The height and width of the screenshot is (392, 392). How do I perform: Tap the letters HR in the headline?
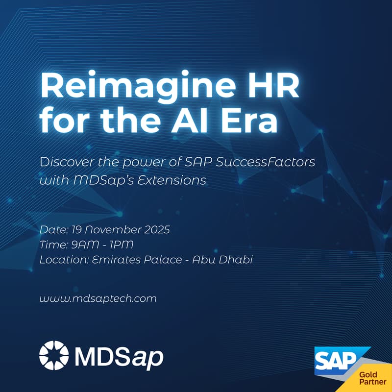265,89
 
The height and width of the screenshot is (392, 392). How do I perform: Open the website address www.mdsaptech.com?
98,298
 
